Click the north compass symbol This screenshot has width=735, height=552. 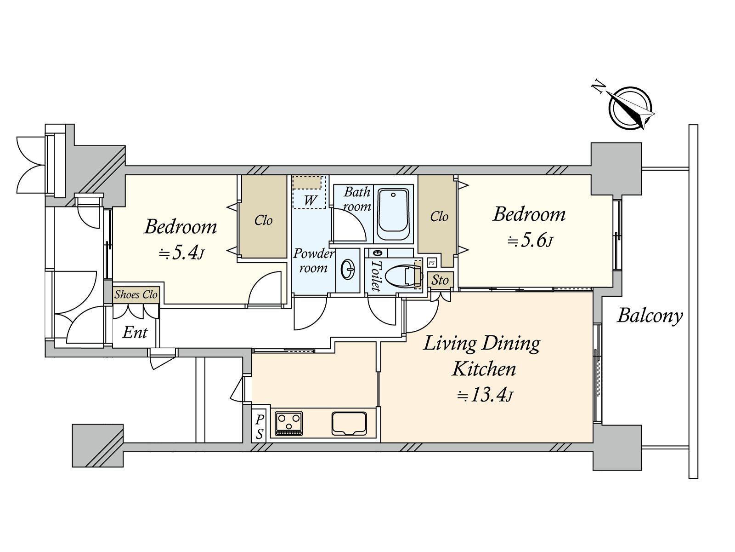[x=630, y=108]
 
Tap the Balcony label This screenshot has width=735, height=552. [x=650, y=316]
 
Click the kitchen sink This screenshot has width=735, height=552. [x=349, y=424]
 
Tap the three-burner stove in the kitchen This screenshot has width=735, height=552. [x=289, y=424]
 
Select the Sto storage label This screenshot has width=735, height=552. [x=440, y=280]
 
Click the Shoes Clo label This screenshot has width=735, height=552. [x=136, y=295]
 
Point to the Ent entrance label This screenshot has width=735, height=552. [x=135, y=333]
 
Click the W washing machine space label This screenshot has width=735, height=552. [x=310, y=200]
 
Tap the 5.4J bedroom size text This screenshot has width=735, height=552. [x=181, y=254]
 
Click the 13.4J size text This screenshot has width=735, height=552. [x=485, y=396]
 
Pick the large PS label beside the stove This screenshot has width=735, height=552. [x=260, y=427]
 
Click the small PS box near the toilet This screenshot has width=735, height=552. [x=432, y=263]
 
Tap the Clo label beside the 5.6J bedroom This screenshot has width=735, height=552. [x=439, y=217]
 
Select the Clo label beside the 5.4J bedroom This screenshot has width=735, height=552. [x=263, y=220]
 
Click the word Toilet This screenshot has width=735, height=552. [x=376, y=276]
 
